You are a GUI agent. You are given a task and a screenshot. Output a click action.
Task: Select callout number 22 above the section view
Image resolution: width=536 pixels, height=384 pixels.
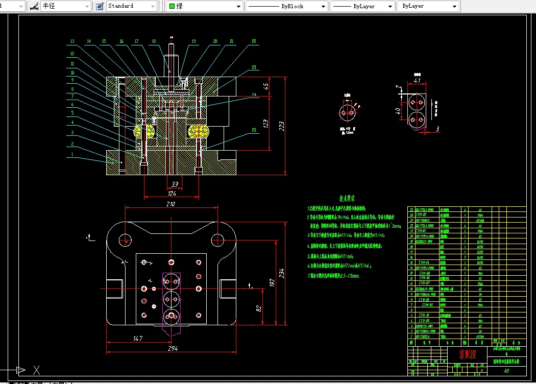(x=254, y=41)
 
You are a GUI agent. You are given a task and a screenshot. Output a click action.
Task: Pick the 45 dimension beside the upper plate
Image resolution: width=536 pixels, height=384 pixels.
(x=266, y=86)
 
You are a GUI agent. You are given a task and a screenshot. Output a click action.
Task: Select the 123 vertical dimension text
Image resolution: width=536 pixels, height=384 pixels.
(x=266, y=123)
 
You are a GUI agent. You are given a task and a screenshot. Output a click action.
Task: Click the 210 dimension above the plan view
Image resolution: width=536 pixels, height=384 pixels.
(x=170, y=204)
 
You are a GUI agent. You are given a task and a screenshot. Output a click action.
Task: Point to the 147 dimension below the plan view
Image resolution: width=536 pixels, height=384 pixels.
(x=137, y=338)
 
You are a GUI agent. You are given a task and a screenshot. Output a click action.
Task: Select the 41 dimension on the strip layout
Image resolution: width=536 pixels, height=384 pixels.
(x=417, y=80)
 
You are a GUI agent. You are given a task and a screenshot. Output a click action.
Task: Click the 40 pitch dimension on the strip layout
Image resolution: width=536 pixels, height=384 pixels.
(x=399, y=111)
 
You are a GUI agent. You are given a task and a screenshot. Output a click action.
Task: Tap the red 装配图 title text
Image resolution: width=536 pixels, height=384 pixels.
(x=467, y=354)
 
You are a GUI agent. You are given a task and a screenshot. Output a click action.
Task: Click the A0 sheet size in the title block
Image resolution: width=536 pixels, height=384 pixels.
(x=506, y=371)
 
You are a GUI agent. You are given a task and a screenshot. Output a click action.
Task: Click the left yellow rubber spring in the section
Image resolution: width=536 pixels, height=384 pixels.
(x=144, y=131)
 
